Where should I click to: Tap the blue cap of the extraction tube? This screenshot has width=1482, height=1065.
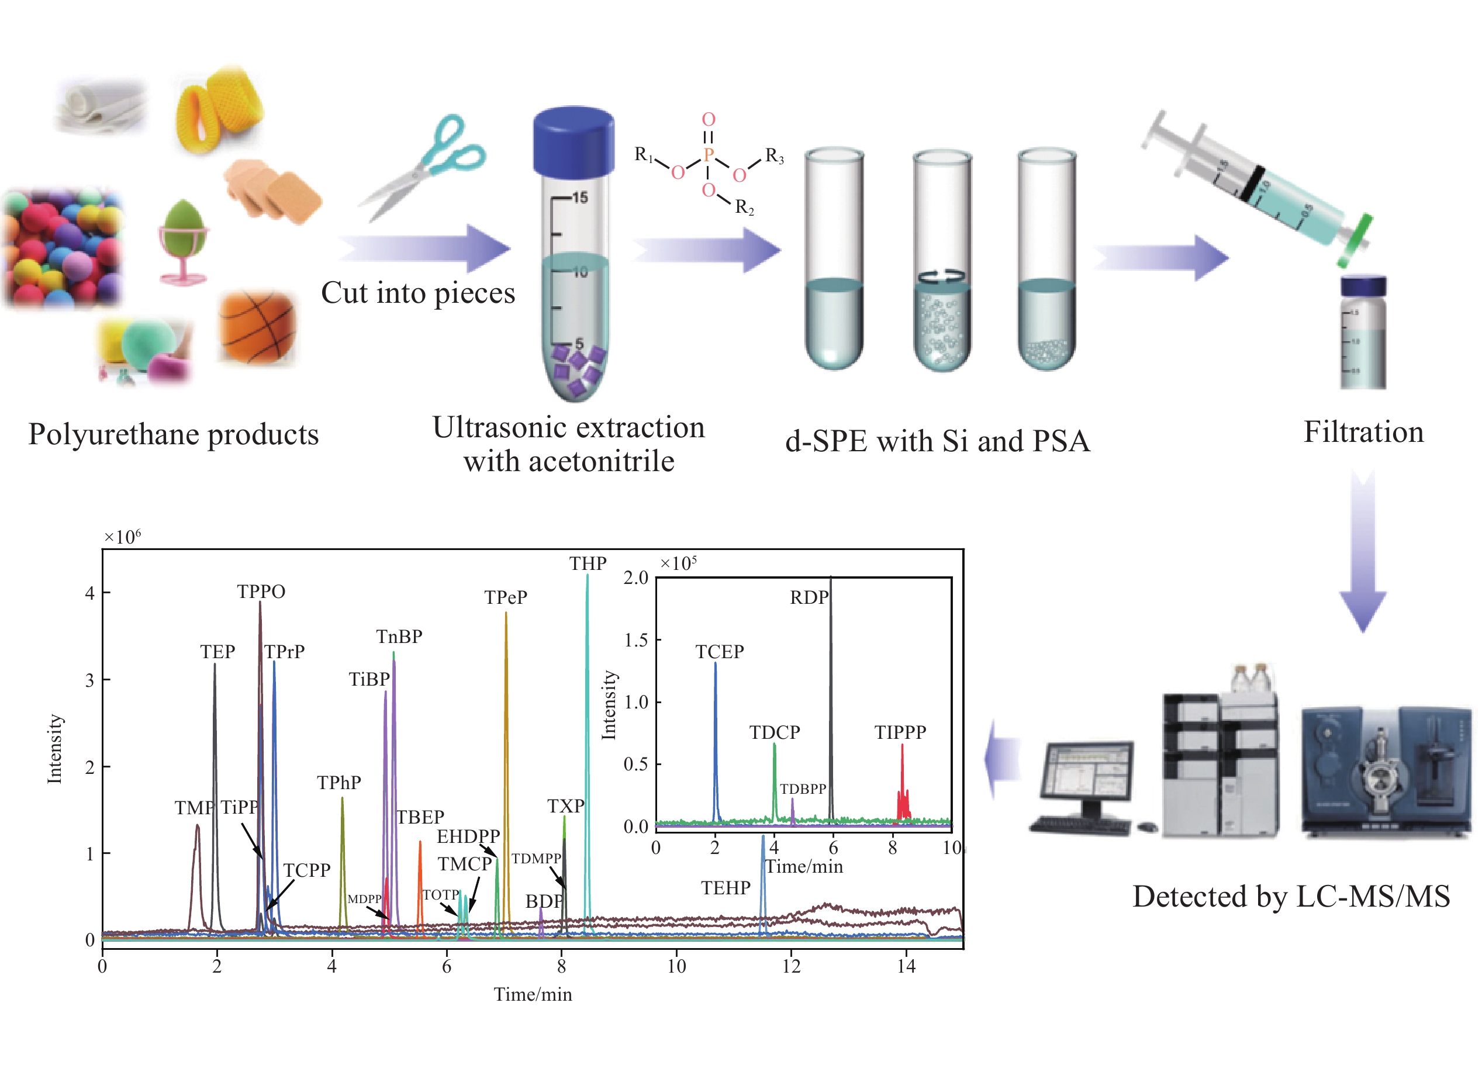pyautogui.click(x=573, y=141)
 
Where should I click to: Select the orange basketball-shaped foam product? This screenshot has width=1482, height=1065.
pyautogui.click(x=257, y=327)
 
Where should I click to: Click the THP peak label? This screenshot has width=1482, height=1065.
pyautogui.click(x=588, y=563)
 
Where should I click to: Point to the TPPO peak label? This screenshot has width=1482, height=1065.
pyautogui.click(x=261, y=592)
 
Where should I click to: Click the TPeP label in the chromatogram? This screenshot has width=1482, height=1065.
pyautogui.click(x=505, y=597)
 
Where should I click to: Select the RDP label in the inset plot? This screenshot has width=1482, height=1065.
pyautogui.click(x=809, y=597)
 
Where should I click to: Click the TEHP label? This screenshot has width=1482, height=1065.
pyautogui.click(x=726, y=887)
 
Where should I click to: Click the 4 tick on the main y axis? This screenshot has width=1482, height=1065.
pyautogui.click(x=89, y=593)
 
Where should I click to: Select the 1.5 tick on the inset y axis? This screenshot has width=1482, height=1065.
pyautogui.click(x=636, y=639)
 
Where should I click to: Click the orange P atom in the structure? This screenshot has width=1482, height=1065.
pyautogui.click(x=709, y=155)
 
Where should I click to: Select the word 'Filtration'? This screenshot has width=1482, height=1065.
pyautogui.click(x=1363, y=432)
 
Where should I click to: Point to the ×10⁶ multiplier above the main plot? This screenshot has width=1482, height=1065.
pyautogui.click(x=122, y=537)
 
